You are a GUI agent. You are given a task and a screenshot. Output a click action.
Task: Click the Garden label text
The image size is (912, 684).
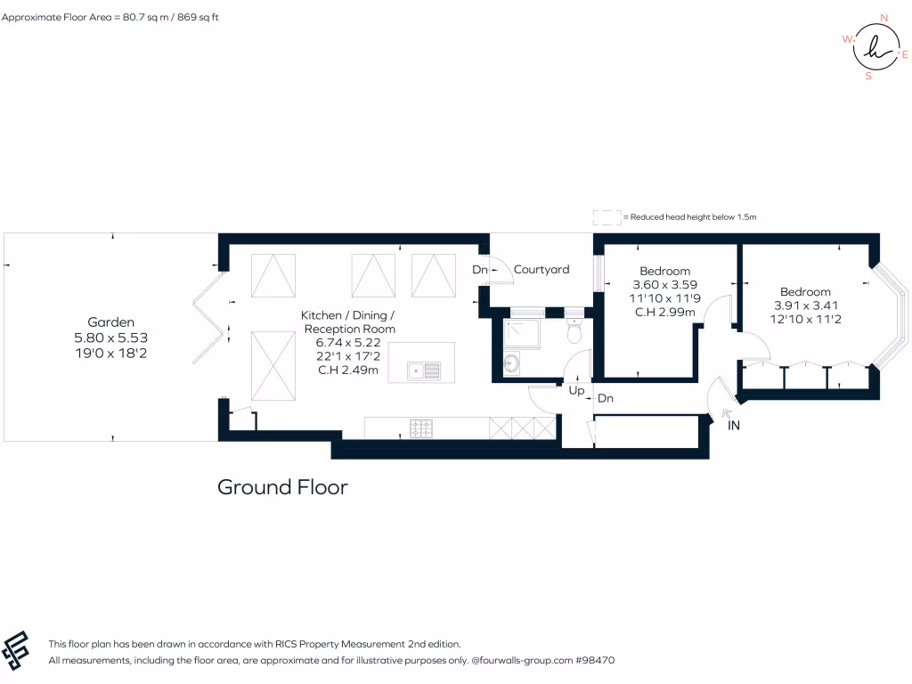coord(110,322)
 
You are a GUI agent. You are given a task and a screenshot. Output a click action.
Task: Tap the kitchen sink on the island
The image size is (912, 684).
coord(424,369)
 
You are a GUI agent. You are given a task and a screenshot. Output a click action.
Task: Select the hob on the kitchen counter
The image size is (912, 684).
coord(421,428)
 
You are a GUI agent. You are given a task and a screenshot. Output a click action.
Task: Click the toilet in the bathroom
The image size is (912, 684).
coord(574,331)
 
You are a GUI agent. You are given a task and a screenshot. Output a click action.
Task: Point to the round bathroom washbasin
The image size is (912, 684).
coord(511,363)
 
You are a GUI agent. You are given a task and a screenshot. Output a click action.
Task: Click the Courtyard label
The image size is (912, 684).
coord(541,269)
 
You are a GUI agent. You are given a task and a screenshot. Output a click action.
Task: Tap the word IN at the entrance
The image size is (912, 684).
coord(734,426)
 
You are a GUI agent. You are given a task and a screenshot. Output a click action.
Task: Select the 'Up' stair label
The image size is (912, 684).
coord(576,391)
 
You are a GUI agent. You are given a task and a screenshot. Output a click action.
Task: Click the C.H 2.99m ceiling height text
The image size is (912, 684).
coord(664,312)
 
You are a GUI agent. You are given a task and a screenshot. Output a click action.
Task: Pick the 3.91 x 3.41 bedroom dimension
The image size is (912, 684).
coord(805,305)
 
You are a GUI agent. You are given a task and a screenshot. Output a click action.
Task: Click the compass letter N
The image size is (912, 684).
coord(883,17)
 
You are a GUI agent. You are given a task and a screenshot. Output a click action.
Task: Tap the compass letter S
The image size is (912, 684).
coord(868,77)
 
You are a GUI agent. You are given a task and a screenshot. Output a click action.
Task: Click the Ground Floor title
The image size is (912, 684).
coord(282,487)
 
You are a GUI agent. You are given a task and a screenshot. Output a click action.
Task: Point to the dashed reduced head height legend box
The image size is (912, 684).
coord(607,216)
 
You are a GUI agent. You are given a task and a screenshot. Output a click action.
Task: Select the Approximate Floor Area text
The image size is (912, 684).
coord(110,17)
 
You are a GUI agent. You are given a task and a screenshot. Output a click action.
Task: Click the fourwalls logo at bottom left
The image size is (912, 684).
coord(17,650)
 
